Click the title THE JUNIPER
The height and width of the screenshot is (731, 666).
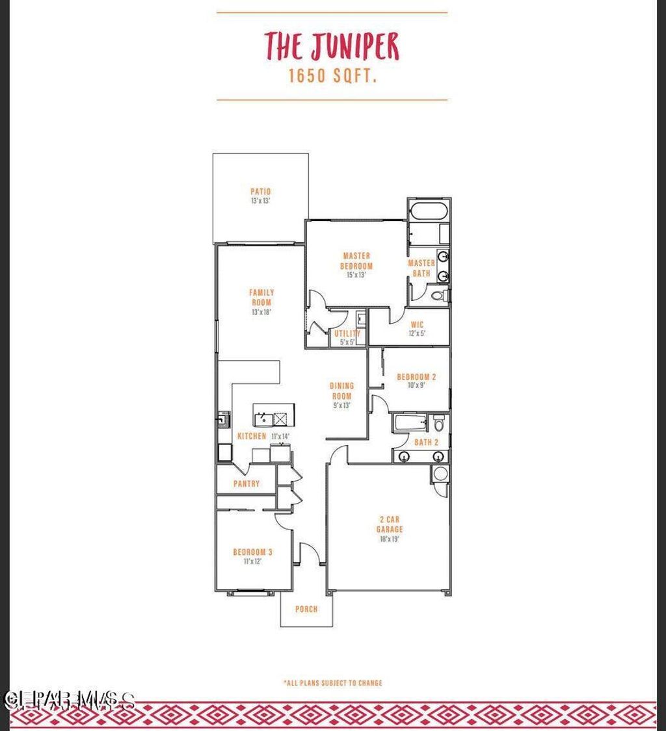[332, 45]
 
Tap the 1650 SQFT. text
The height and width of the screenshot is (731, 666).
[333, 76]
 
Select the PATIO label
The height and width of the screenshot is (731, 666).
[260, 192]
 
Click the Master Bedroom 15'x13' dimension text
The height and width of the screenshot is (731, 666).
[356, 275]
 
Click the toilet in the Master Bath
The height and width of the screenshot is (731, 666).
[440, 296]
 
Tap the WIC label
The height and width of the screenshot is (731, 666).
[417, 324]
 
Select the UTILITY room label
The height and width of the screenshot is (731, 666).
[347, 333]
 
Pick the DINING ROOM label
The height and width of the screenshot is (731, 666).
[341, 391]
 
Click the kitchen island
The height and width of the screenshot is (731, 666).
[274, 414]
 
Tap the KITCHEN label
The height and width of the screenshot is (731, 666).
[252, 436]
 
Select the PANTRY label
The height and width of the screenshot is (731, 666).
[246, 483]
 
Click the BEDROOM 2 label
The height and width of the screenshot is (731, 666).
[416, 377]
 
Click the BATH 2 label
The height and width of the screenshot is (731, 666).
[427, 442]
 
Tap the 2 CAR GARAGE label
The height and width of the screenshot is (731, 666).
[389, 524]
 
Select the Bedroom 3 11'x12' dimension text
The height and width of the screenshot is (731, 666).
[252, 561]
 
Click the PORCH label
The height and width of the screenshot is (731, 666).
[306, 609]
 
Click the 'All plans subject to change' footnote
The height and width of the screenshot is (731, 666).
[333, 683]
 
